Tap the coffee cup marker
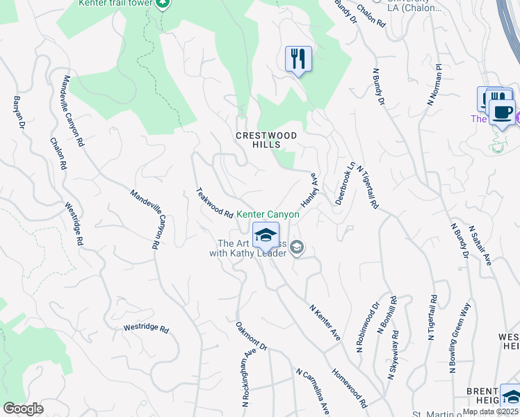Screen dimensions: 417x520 [502, 111]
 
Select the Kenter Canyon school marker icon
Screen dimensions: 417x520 [265, 236]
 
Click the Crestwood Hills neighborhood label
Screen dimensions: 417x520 [266, 140]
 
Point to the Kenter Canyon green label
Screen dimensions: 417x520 [268, 215]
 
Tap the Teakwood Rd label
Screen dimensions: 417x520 [214, 204]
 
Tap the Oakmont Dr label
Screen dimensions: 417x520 [251, 336]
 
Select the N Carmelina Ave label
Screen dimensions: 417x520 [311, 392]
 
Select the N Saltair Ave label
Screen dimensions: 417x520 [480, 245]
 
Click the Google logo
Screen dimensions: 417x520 [23, 409]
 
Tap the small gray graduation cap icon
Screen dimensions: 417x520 [297, 247]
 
